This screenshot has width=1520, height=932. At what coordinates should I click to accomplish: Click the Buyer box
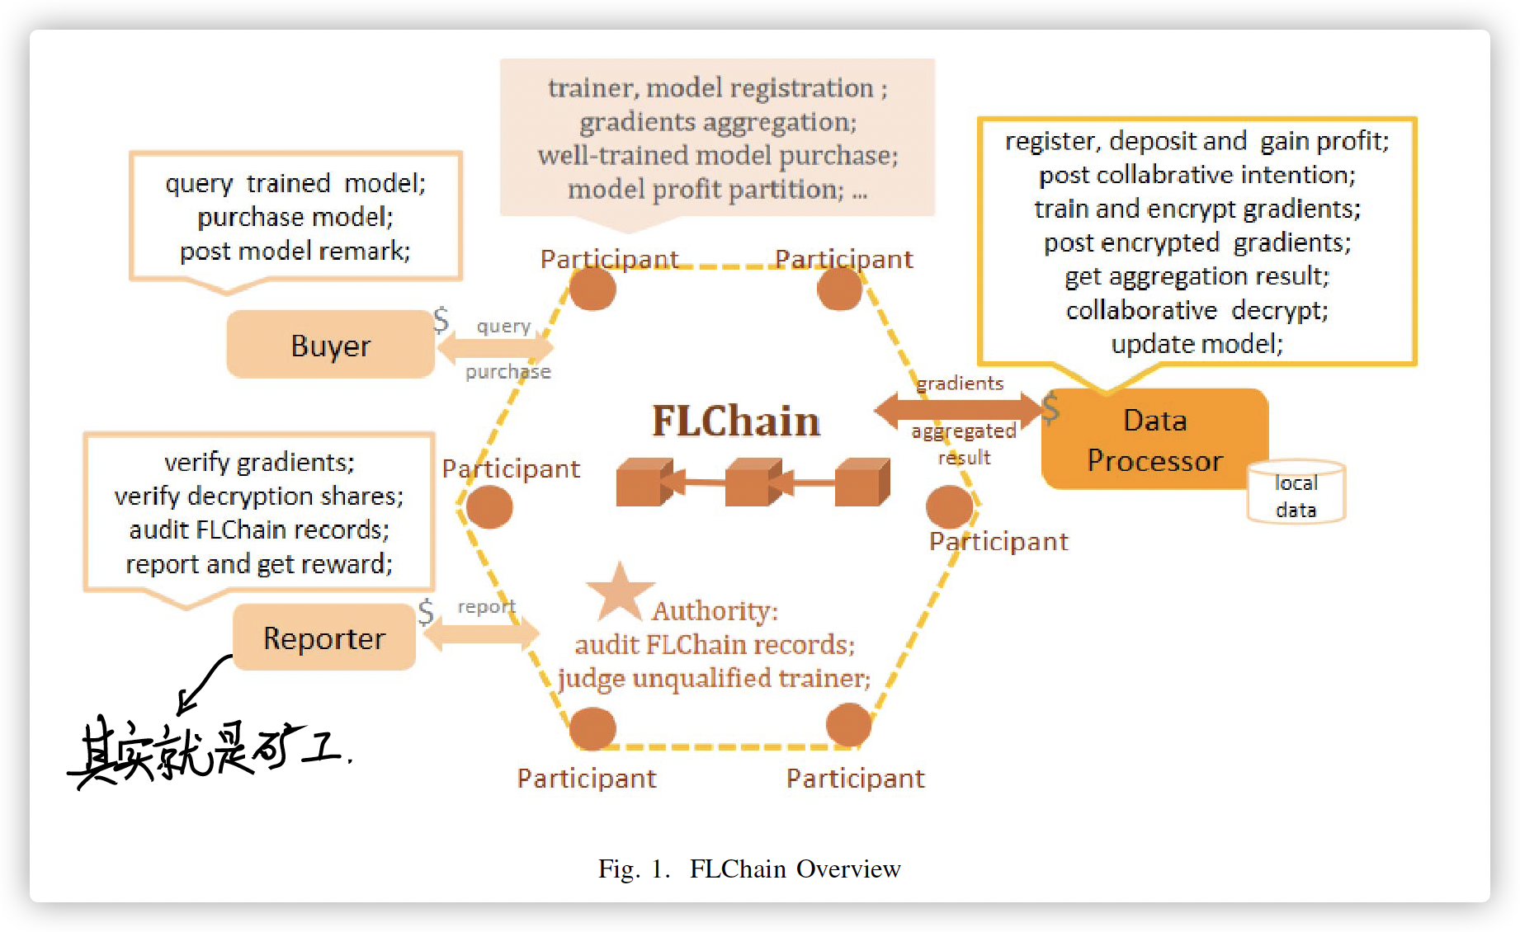pyautogui.click(x=330, y=345)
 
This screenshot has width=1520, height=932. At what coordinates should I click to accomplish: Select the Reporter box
pyautogui.click(x=323, y=638)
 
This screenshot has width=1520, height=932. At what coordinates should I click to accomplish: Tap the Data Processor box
pyautogui.click(x=1154, y=440)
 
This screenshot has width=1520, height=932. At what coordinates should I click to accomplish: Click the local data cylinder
pyautogui.click(x=1296, y=493)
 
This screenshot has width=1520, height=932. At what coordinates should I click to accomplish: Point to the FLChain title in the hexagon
pyautogui.click(x=735, y=421)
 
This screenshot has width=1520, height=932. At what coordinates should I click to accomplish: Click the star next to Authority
pyautogui.click(x=619, y=593)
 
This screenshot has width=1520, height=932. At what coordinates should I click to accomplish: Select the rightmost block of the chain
pyautogui.click(x=861, y=482)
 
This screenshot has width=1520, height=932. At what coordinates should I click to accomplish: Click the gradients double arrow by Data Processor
pyautogui.click(x=959, y=409)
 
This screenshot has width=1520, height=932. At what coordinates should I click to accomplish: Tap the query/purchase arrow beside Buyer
pyautogui.click(x=495, y=349)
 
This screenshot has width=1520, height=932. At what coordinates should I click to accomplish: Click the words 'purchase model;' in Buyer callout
pyautogui.click(x=295, y=217)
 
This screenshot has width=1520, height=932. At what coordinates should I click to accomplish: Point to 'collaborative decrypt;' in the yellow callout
pyautogui.click(x=1197, y=310)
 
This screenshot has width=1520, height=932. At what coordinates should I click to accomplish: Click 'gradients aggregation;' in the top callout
pyautogui.click(x=718, y=122)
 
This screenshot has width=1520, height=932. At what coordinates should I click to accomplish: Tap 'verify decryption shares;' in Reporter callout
pyautogui.click(x=259, y=496)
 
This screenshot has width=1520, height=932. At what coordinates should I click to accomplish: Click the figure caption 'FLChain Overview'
pyautogui.click(x=794, y=868)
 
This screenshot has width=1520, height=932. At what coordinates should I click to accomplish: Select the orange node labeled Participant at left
pyautogui.click(x=489, y=506)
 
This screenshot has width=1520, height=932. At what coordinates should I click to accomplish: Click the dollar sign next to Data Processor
pyautogui.click(x=1050, y=407)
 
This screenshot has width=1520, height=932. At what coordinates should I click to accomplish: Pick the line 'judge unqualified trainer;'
pyautogui.click(x=714, y=678)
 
